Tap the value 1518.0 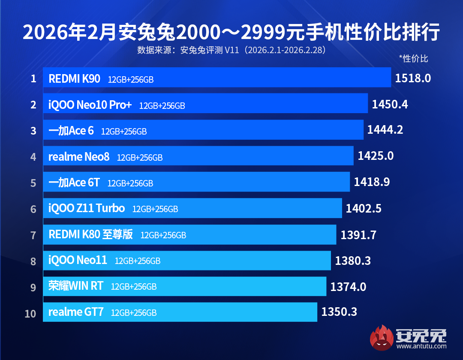point(412,78)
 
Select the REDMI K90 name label point(74,78)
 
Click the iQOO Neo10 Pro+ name point(90,105)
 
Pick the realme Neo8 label point(79,157)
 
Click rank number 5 point(33,183)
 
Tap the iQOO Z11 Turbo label point(87,209)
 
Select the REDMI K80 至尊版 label point(90,234)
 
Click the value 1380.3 point(353,260)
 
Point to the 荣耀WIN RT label point(75,286)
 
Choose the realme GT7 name point(76,312)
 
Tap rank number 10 point(30,314)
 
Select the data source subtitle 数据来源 point(231,50)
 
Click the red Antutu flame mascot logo point(382,337)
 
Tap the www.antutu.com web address point(422,346)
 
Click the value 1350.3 point(339,312)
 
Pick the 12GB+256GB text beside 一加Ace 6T point(130,183)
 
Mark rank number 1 point(33,79)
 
